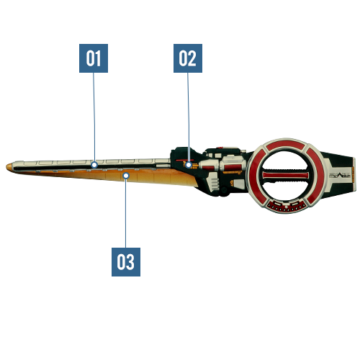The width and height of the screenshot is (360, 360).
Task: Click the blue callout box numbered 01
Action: [94, 58]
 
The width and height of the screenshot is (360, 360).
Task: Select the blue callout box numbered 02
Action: [188, 58]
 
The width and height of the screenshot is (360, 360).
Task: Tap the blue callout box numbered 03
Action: [126, 262]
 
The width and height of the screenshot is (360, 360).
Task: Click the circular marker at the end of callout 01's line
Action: [94, 165]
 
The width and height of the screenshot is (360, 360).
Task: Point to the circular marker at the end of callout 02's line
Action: [189, 165]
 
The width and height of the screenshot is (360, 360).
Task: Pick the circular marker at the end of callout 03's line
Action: [126, 176]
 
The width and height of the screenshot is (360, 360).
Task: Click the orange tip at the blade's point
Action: [9, 167]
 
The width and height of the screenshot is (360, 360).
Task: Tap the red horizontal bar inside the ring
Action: [286, 175]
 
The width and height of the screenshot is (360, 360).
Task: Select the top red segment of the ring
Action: [286, 145]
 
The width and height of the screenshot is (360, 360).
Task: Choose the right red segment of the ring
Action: [315, 175]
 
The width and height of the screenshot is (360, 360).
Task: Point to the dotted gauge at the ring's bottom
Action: [286, 207]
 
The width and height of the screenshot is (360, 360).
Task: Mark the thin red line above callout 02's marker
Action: [185, 160]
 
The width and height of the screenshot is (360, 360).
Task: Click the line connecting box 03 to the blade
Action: [125, 213]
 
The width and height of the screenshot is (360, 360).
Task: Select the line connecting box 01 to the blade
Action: [94, 117]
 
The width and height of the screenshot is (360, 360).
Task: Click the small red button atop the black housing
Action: [220, 148]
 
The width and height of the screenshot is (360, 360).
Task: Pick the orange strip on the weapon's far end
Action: [354, 174]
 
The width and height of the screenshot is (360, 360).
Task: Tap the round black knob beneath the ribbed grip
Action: [224, 190]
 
